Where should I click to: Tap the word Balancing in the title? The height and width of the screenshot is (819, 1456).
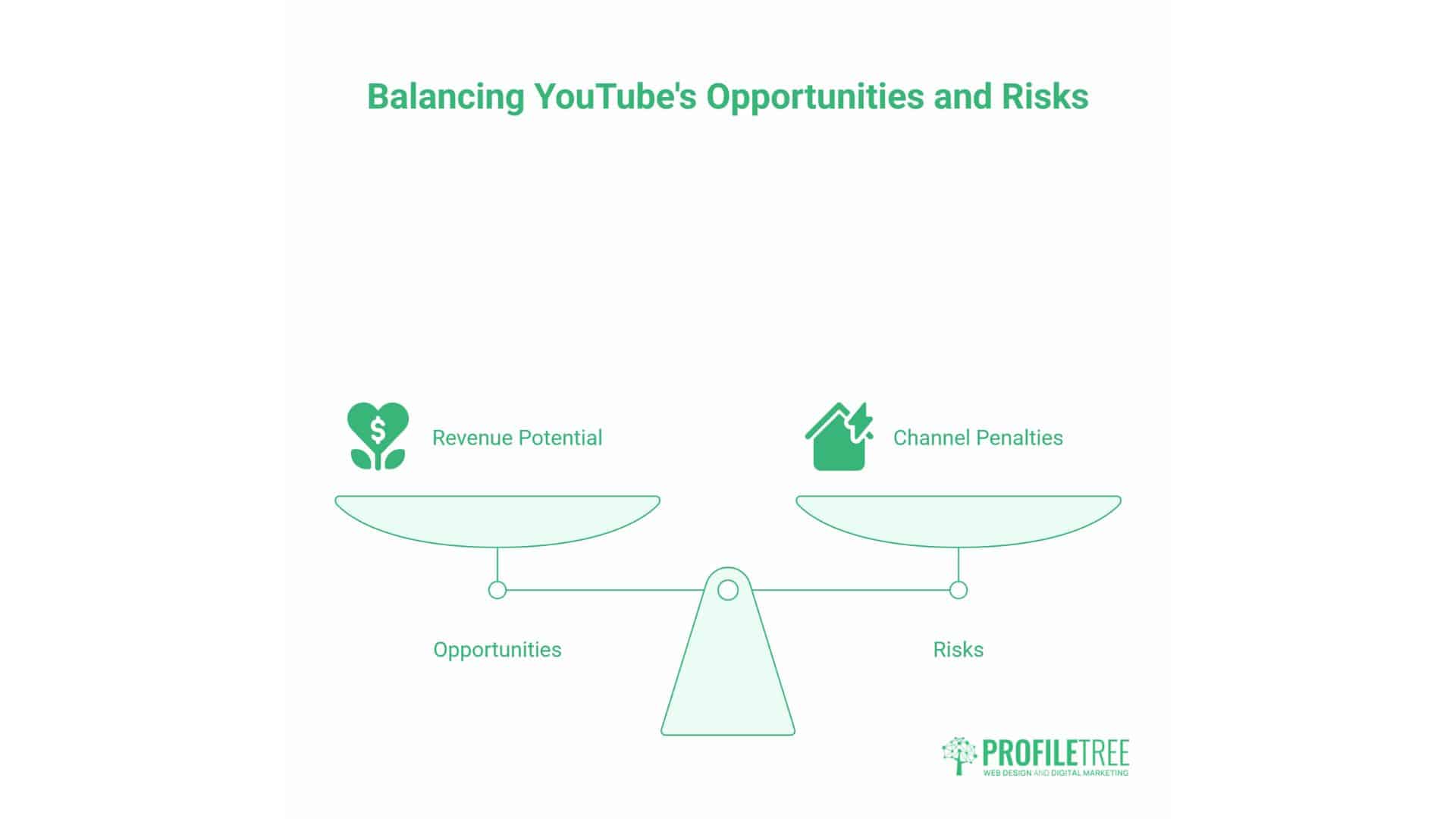click(x=445, y=97)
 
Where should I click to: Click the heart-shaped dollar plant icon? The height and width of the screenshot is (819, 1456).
click(x=378, y=436)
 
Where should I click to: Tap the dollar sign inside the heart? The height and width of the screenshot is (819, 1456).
click(x=378, y=430)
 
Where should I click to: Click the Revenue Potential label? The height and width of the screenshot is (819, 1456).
click(x=516, y=438)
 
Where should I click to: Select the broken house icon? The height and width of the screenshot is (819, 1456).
click(x=838, y=438)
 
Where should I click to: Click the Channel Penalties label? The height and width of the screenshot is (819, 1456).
click(x=977, y=438)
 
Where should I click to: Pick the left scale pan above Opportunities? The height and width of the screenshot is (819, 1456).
click(x=497, y=519)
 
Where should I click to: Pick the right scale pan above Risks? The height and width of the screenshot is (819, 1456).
click(x=959, y=519)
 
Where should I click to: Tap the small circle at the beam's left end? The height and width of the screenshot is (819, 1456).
click(x=497, y=590)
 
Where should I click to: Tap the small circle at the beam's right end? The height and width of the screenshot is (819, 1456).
click(x=959, y=590)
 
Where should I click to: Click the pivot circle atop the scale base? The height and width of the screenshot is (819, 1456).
click(x=728, y=590)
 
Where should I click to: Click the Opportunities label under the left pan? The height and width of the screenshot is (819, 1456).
click(x=497, y=650)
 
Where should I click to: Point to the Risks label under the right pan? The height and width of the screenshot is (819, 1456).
click(x=959, y=650)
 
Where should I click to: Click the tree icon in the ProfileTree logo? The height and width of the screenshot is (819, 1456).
click(x=959, y=755)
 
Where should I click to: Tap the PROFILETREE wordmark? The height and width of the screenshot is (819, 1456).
click(x=1056, y=753)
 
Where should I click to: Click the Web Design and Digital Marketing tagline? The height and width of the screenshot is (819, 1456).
click(x=1056, y=773)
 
